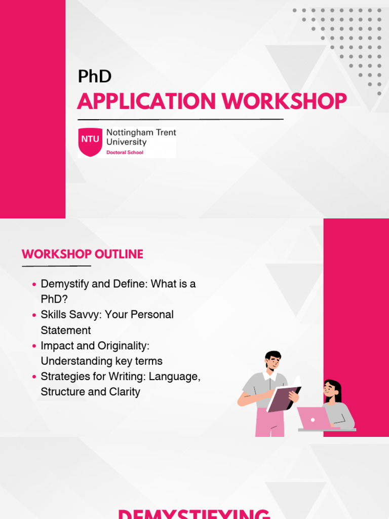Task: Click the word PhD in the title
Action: tap(94, 77)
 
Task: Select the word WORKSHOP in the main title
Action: tap(284, 101)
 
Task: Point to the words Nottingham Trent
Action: tap(141, 133)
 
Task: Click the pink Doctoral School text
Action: tap(125, 152)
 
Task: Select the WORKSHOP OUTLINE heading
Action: tap(83, 254)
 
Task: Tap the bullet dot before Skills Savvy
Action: tap(34, 315)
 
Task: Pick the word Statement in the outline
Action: tap(66, 330)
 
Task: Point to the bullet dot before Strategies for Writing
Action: tap(34, 377)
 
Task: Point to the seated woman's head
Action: tap(332, 389)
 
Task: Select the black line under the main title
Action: tap(180, 120)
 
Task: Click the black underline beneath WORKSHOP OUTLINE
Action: tap(56, 266)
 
